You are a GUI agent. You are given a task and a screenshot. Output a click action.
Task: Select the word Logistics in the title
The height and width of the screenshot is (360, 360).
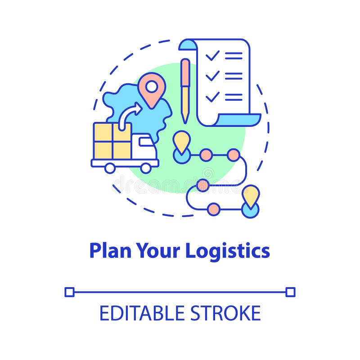[227, 251]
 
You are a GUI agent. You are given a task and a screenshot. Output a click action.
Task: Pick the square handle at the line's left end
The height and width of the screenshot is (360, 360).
[69, 292]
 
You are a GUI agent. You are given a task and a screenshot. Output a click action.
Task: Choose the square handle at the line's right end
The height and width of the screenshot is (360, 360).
[290, 292]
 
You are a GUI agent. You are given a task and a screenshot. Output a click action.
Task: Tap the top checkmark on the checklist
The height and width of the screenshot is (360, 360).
[212, 55]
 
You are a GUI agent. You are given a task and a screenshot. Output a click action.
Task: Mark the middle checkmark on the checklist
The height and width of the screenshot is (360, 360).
[212, 75]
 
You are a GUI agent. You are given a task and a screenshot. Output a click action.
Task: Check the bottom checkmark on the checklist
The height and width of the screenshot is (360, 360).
[212, 96]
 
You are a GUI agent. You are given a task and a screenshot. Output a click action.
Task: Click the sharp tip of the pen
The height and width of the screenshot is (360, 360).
[184, 121]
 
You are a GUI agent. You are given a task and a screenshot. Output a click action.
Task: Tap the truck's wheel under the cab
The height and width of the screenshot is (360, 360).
[145, 168]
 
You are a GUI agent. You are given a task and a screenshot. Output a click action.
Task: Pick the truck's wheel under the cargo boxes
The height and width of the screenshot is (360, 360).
[109, 168]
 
